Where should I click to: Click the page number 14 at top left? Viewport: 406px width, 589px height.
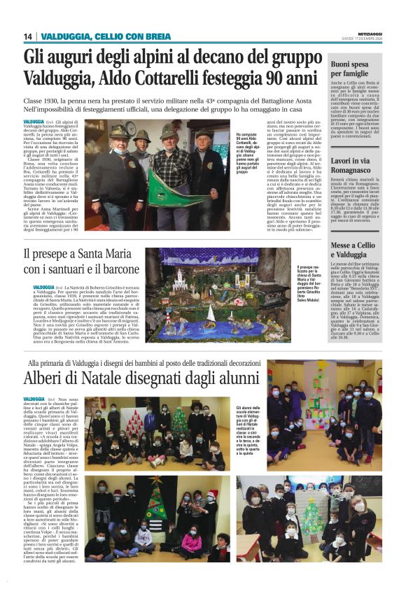tap(28, 36)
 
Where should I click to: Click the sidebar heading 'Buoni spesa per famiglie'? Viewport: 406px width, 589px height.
tap(358, 68)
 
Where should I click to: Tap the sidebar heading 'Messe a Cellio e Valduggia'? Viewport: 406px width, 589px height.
tap(358, 251)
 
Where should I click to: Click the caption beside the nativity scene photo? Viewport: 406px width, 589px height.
tap(313, 287)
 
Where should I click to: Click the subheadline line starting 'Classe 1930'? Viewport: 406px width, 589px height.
tap(167, 101)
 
